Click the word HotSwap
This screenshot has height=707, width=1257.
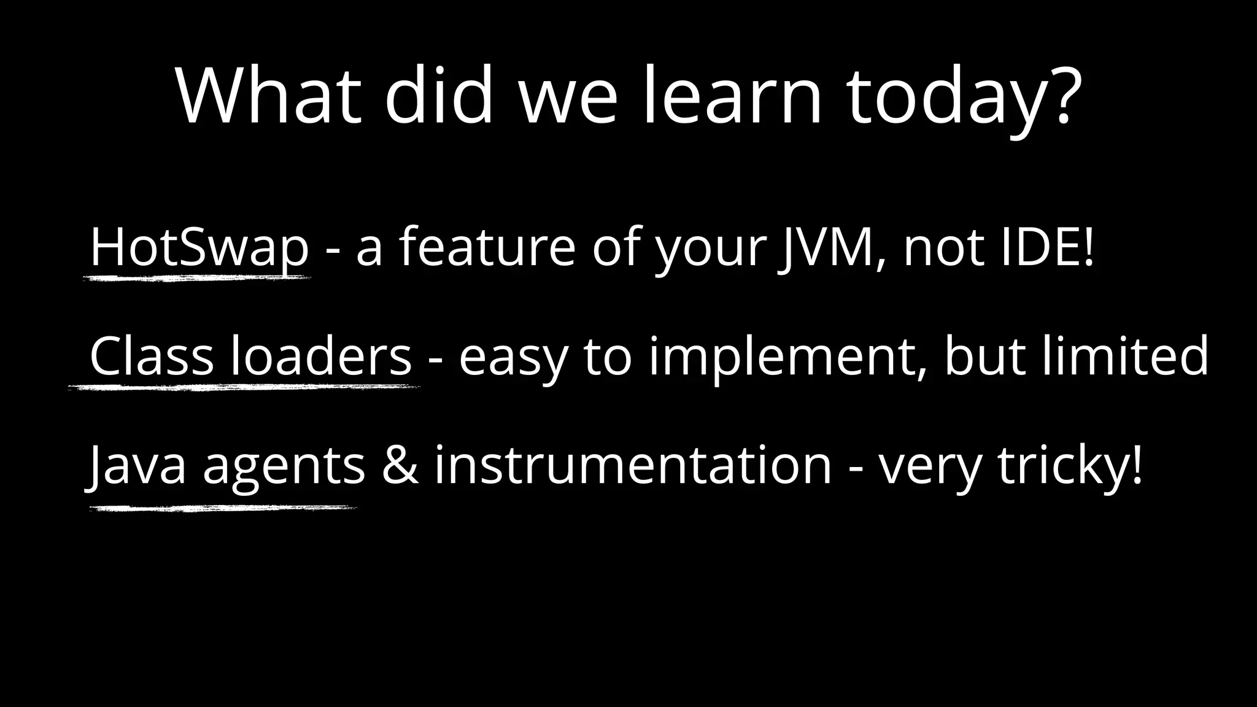199,247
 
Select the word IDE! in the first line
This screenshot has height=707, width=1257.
1047,247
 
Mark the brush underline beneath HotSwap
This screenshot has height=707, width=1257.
196,278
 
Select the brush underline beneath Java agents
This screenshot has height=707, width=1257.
222,508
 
